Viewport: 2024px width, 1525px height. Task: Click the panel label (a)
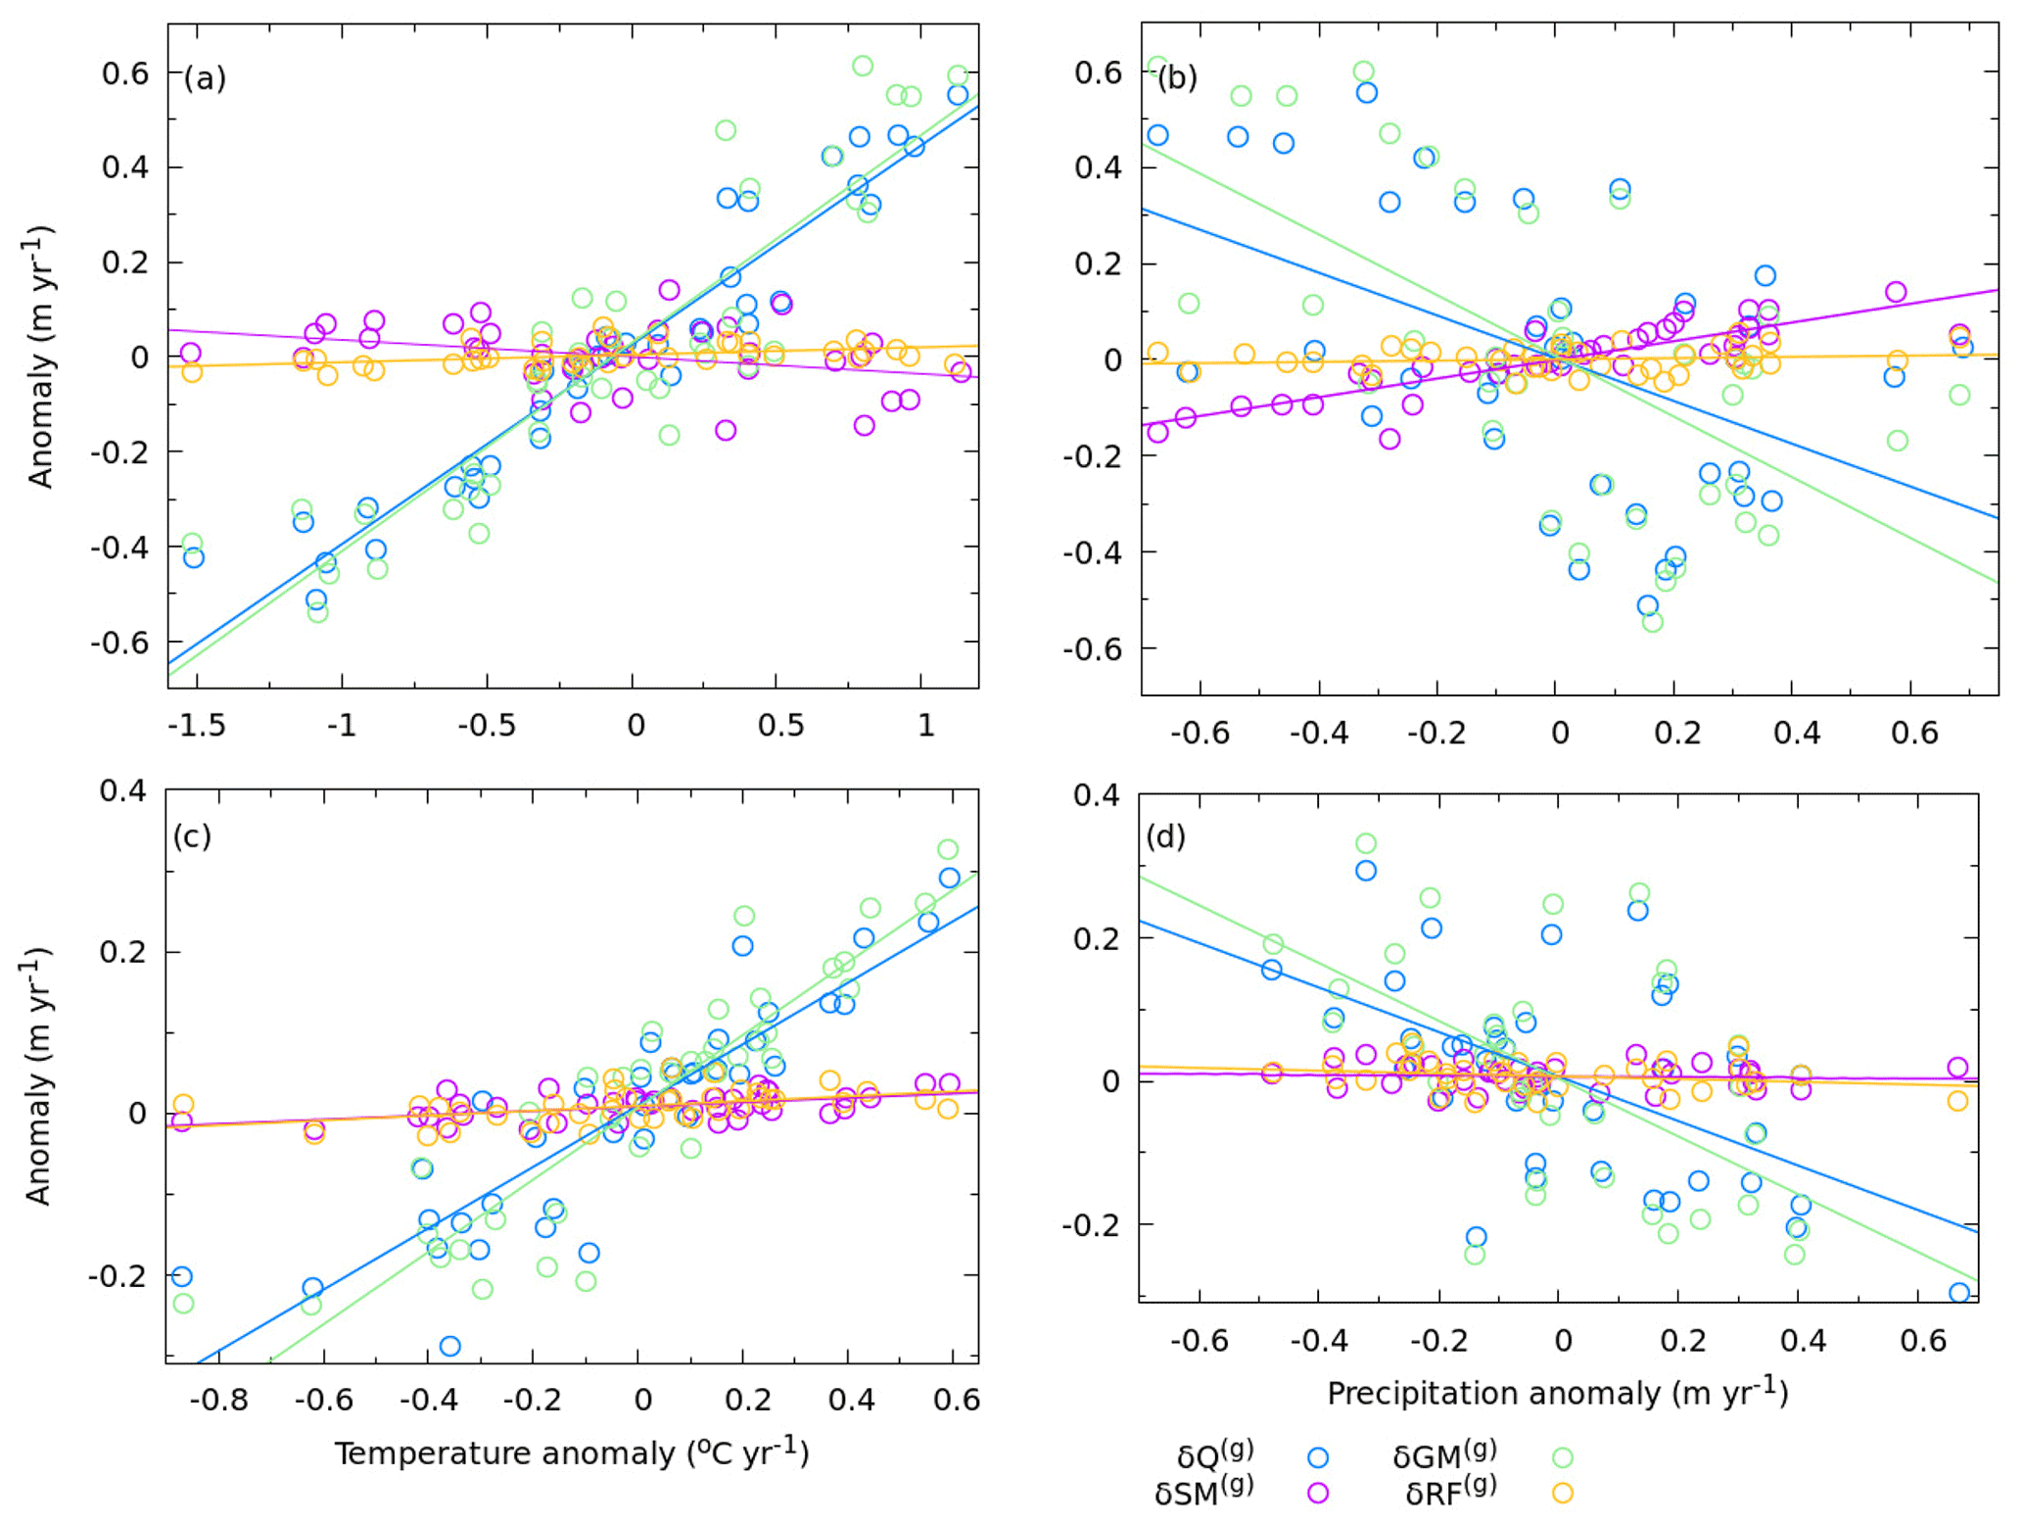(x=205, y=77)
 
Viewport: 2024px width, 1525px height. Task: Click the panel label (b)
(x=1177, y=77)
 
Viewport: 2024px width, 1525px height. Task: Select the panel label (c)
(x=192, y=836)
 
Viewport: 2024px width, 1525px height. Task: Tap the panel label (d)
(x=1165, y=836)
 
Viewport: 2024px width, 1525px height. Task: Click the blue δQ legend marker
(x=1318, y=1457)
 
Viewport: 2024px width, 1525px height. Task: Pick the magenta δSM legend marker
(x=1318, y=1493)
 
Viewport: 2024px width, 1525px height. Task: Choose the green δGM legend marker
(x=1563, y=1457)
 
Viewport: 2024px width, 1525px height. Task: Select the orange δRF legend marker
(x=1563, y=1493)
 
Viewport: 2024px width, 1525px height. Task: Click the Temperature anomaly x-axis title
(x=572, y=1452)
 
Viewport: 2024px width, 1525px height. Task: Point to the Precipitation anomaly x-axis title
(x=1557, y=1393)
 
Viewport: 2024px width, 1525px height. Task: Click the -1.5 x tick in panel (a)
(x=196, y=726)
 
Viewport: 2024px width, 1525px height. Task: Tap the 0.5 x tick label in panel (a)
(x=780, y=726)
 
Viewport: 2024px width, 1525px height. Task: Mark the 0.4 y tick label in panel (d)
(x=1096, y=795)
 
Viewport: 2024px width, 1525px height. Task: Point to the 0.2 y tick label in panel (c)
(x=123, y=952)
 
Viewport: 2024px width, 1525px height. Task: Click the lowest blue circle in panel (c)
(x=449, y=1346)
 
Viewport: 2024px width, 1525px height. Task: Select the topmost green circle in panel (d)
(x=1366, y=843)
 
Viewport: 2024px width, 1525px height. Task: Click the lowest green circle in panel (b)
(x=1653, y=621)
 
